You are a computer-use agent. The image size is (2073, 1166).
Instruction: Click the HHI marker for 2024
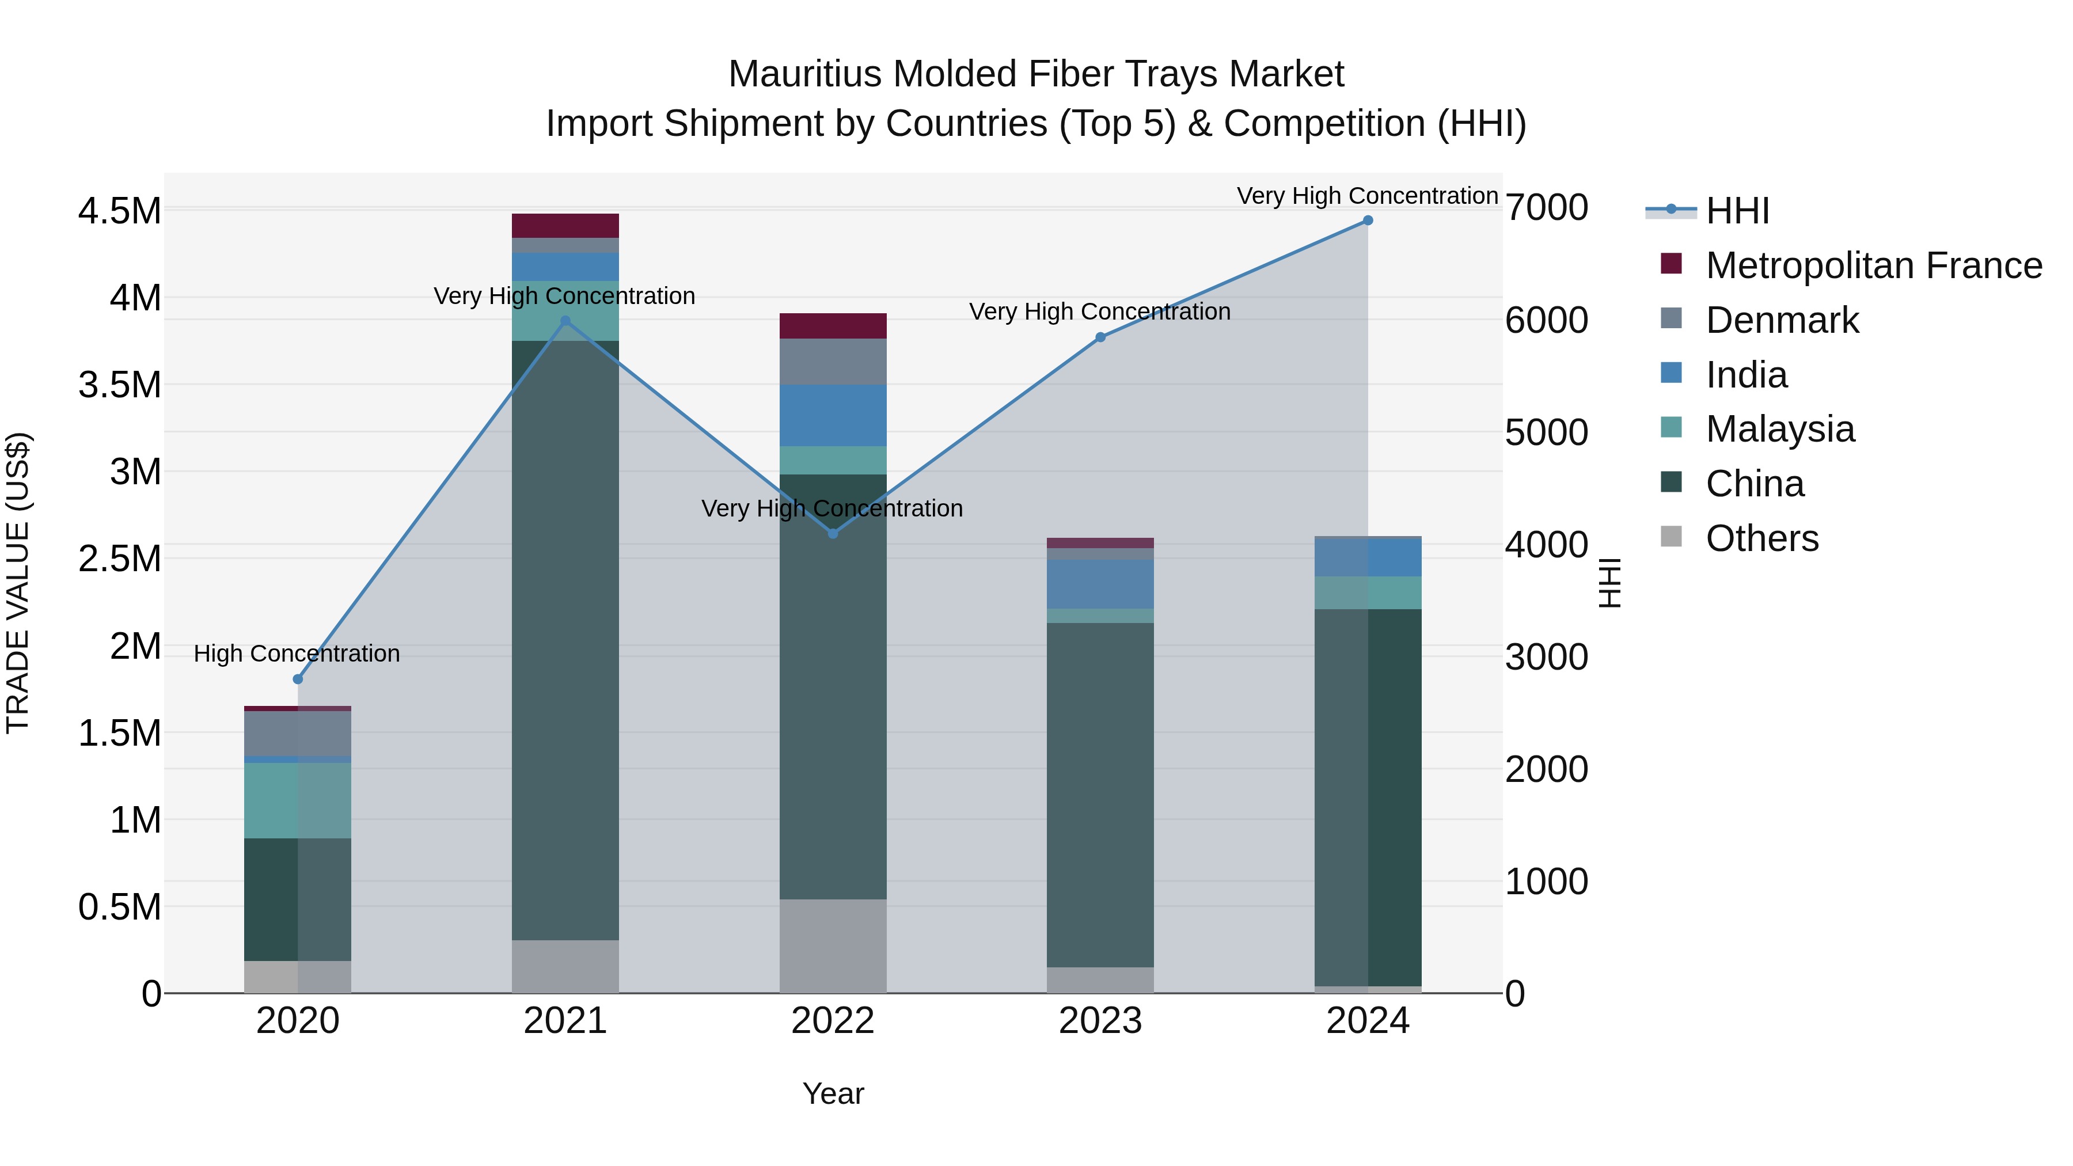pos(1367,221)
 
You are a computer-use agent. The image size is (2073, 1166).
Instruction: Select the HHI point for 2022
pos(833,534)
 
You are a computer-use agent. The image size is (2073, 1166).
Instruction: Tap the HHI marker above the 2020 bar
pos(298,679)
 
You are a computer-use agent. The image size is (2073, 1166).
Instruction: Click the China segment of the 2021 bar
pos(565,640)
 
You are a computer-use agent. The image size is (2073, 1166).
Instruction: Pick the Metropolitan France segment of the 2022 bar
pos(833,326)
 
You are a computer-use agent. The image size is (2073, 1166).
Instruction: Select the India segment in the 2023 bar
pos(1100,584)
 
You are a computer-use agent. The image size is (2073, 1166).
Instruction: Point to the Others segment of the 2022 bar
pos(833,945)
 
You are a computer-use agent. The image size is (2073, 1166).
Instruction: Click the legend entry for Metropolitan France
pos(1873,265)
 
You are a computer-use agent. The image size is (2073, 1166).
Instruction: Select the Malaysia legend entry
pos(1779,429)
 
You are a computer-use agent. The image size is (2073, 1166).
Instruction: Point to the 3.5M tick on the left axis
pos(119,385)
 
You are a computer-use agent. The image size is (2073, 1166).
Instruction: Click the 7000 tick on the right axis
pos(1546,208)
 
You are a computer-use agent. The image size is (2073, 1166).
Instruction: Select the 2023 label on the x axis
pos(1100,1021)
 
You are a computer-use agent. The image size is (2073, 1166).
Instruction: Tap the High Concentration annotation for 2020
pos(297,654)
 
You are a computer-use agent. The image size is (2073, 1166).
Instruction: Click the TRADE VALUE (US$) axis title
pos(18,583)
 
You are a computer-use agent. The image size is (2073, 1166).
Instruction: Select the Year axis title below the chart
pos(833,1093)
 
